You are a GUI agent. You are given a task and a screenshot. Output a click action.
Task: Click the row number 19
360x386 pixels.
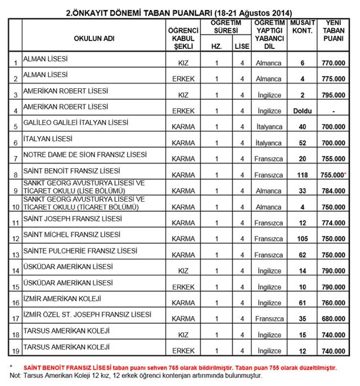(15, 352)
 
